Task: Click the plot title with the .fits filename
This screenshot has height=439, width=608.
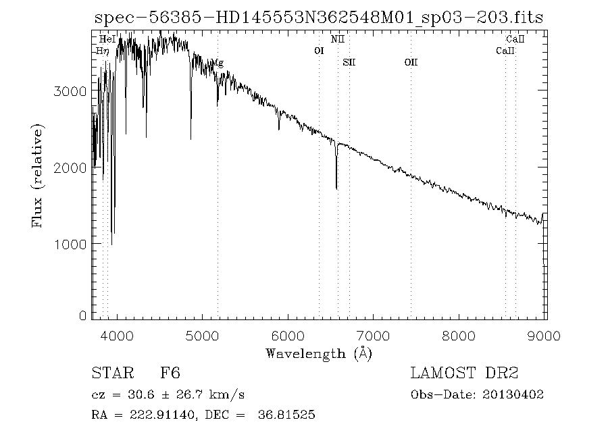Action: [318, 18]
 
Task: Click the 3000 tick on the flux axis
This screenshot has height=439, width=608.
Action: [64, 91]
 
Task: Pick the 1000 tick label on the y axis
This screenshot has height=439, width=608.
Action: [64, 244]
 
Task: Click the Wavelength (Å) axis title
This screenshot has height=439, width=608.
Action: [318, 353]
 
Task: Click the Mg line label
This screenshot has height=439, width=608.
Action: [218, 63]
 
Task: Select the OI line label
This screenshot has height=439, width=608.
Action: [320, 51]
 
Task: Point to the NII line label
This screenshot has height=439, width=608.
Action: [338, 40]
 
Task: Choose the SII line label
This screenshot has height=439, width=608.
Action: [349, 63]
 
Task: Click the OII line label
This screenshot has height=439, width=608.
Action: [411, 63]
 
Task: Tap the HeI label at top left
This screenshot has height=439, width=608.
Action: [107, 40]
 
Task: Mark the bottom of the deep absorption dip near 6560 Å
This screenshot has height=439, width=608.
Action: [336, 188]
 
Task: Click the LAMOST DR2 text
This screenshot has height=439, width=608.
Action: [464, 373]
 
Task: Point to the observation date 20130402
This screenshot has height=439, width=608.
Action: [513, 394]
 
